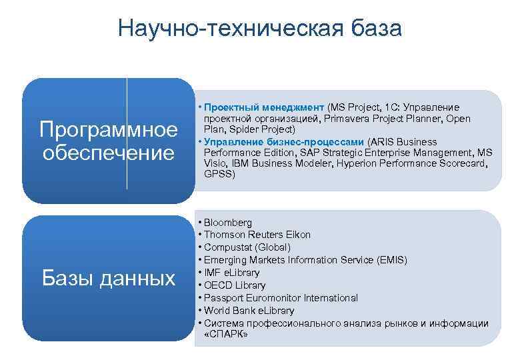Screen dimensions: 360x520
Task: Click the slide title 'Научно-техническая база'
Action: coord(260,29)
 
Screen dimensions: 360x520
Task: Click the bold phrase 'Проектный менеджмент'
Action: coord(264,107)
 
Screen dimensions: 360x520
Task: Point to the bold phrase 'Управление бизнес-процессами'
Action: coord(285,141)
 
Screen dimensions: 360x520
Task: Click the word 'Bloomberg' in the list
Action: coord(228,222)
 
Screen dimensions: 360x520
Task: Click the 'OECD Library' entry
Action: coord(235,285)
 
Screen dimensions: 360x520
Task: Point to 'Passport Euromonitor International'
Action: coord(281,298)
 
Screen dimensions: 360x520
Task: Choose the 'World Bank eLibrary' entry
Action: coord(249,311)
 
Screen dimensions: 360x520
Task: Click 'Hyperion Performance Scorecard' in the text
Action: coord(414,163)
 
